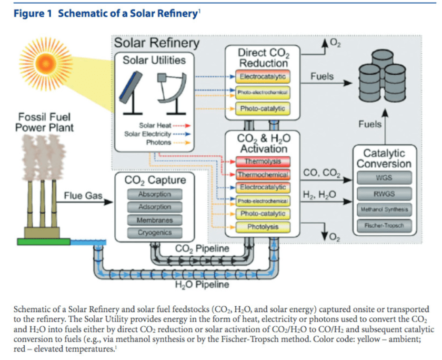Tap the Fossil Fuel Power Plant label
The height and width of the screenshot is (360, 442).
[44, 122]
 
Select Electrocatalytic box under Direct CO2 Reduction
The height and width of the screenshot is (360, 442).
[263, 77]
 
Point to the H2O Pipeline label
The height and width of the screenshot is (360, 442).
[202, 284]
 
